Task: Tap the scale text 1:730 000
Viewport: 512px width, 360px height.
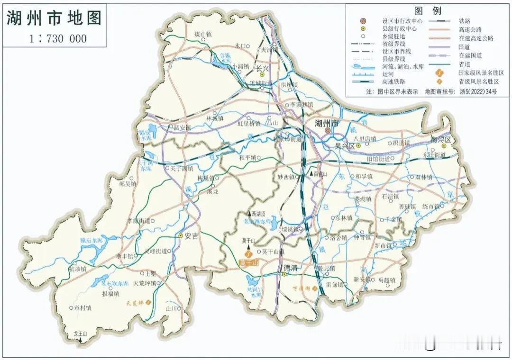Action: click(58, 38)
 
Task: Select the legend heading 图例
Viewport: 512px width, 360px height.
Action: click(428, 11)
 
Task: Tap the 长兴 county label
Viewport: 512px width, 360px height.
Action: click(262, 68)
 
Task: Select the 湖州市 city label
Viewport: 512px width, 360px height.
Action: click(328, 123)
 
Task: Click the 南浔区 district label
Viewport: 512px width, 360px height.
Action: click(442, 140)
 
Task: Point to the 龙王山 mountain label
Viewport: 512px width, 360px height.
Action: click(81, 333)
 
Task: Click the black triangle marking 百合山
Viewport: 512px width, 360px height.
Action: click(311, 174)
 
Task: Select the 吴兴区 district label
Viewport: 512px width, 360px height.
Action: click(345, 146)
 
